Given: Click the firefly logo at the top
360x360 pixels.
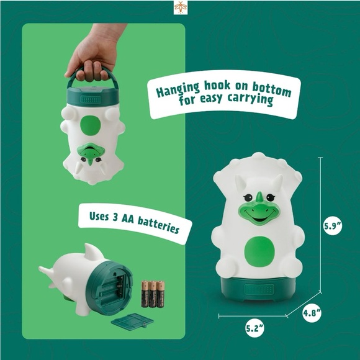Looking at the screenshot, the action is (181, 7).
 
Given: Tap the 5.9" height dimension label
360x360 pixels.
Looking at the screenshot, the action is (333, 226).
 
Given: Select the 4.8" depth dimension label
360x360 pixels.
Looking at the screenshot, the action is (312, 313).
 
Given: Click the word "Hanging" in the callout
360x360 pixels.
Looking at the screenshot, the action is (178, 90).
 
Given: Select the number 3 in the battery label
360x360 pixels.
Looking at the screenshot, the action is (115, 217).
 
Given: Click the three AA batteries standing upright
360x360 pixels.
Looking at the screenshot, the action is (153, 294).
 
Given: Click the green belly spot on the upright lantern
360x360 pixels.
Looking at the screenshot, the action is (259, 251).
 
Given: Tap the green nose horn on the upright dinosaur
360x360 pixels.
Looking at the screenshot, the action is (259, 197).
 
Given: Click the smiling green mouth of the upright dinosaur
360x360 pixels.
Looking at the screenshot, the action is (259, 214).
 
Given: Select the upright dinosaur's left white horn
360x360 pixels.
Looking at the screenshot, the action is (240, 182).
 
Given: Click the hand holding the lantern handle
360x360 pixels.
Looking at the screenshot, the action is (95, 53).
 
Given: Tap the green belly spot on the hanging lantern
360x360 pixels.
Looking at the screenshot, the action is (91, 125).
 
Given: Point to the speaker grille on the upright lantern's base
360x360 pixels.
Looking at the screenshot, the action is (259, 289).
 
